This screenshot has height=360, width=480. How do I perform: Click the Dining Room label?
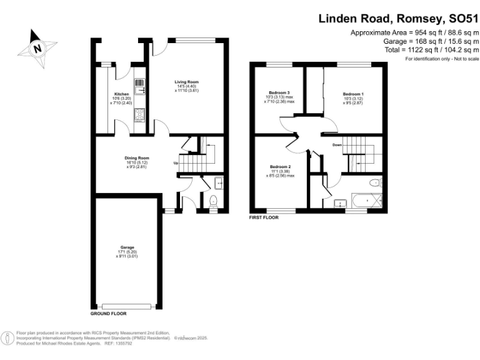pos(136,158)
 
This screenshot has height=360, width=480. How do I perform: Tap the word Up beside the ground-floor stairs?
pos(176,164)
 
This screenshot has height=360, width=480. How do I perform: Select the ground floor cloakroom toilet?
pos(212,201)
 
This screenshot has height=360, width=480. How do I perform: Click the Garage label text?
pos(127,247)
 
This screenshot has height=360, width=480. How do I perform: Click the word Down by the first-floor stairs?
pos(337,145)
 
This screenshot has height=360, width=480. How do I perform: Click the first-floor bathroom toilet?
pos(376,183)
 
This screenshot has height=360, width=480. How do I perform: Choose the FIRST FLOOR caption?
pos(264,218)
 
